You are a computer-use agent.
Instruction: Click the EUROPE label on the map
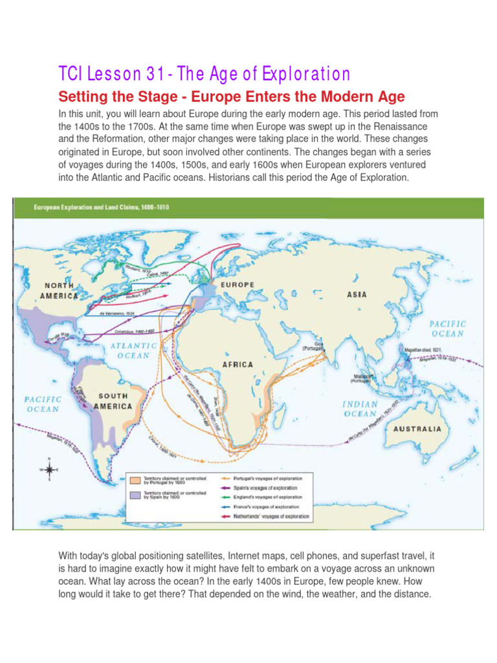point(237,284)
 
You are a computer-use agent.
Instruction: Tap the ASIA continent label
point(357,295)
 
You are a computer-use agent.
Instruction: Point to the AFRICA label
point(237,365)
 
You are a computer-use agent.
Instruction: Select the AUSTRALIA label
point(419,429)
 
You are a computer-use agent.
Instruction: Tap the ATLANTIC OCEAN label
point(133,350)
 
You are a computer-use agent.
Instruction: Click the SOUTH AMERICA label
point(113,401)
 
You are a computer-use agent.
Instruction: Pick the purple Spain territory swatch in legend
point(135,495)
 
